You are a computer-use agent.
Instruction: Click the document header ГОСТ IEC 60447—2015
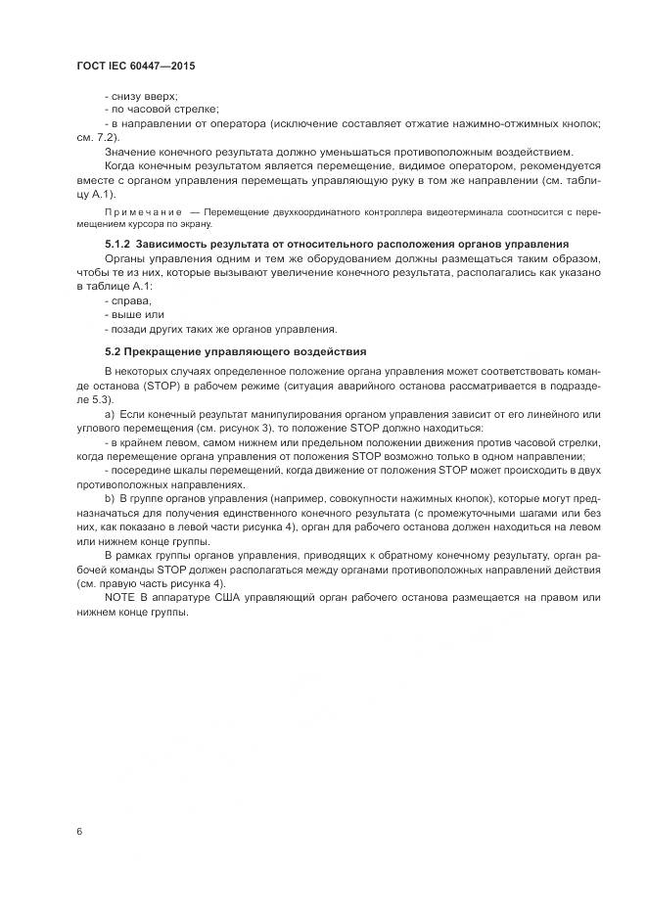click(135, 65)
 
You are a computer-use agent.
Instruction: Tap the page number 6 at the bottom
click(79, 831)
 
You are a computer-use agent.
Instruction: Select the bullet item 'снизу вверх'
click(143, 96)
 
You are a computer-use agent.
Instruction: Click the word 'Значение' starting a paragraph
click(132, 152)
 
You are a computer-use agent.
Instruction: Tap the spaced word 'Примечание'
click(142, 212)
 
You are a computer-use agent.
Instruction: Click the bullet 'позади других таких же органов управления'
click(221, 329)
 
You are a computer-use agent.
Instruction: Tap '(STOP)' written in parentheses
click(139, 386)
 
